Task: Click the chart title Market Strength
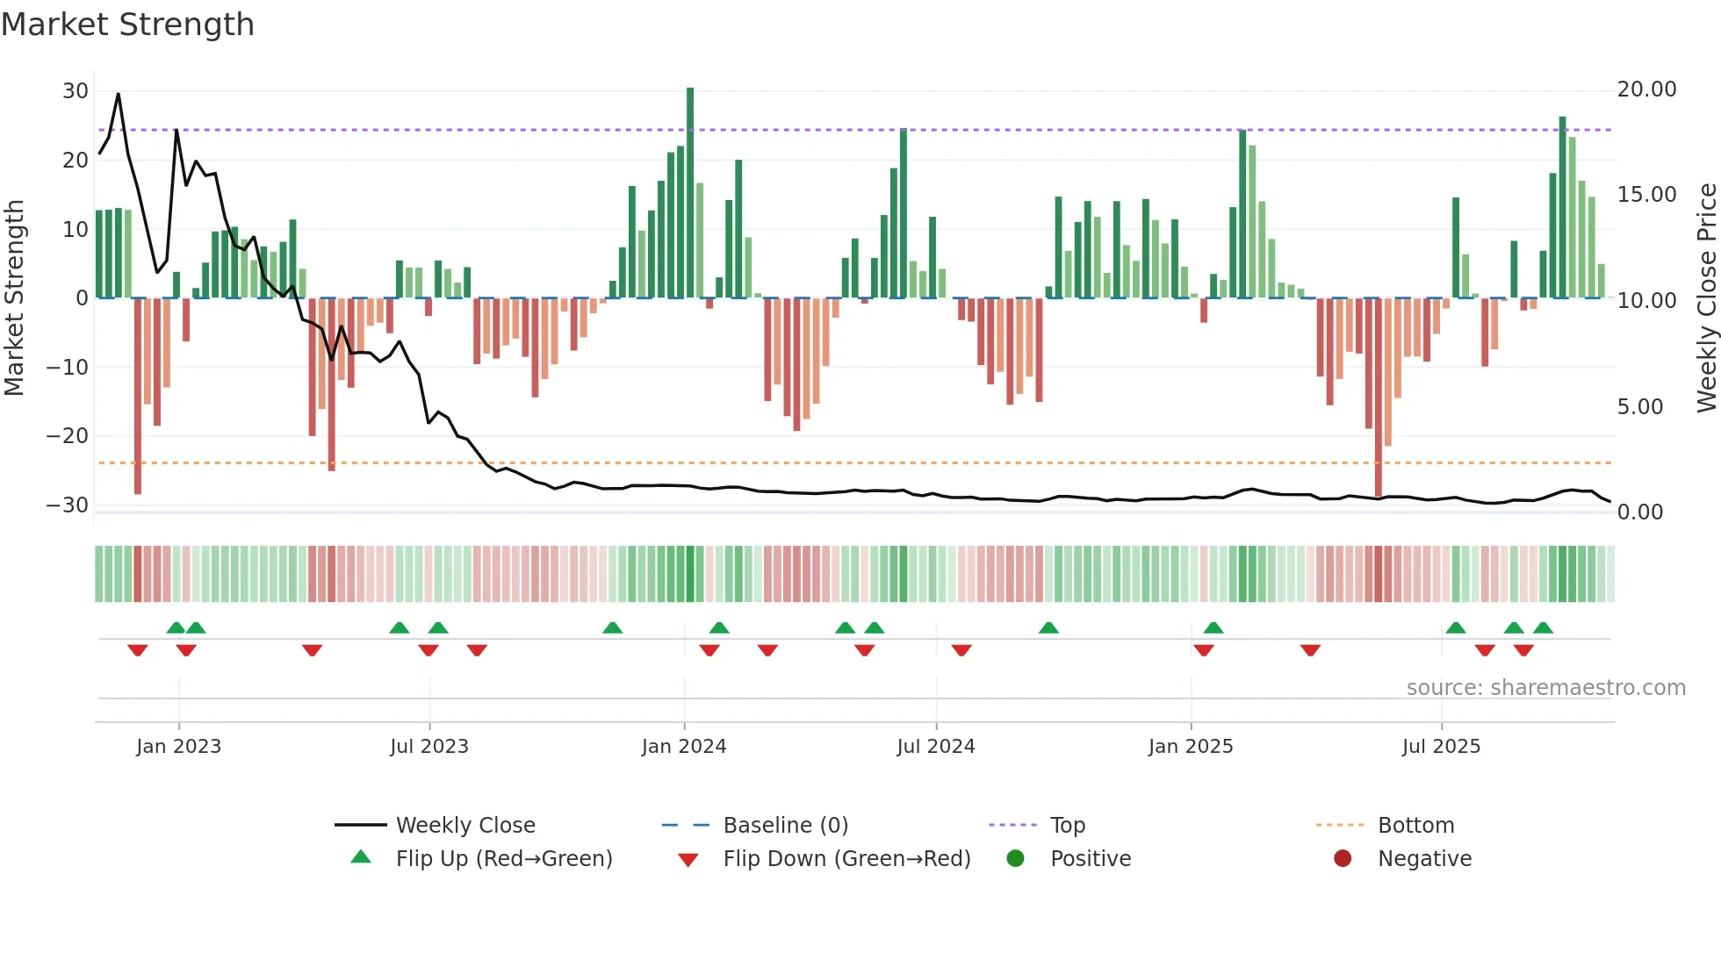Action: tap(127, 25)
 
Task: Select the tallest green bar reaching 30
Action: tap(690, 193)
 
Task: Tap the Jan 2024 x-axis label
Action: tap(684, 747)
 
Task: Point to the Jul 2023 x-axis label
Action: tap(429, 747)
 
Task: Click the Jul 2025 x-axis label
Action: tap(1441, 747)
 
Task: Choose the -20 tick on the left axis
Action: tap(68, 436)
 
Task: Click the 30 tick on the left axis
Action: tap(76, 91)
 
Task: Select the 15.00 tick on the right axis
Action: tap(1646, 195)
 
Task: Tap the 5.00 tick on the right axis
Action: tap(1639, 407)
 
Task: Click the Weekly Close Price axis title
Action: tap(1706, 298)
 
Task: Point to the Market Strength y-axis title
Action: tap(14, 298)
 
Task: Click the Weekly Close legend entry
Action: tap(464, 826)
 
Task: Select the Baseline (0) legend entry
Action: tap(785, 826)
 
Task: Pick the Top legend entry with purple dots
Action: tap(1067, 826)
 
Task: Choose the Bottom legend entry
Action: tap(1415, 826)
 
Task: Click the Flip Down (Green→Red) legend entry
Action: tap(846, 859)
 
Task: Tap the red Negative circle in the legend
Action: tap(1343, 859)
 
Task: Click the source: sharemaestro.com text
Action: tap(1545, 688)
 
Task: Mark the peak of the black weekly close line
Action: tap(119, 94)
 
